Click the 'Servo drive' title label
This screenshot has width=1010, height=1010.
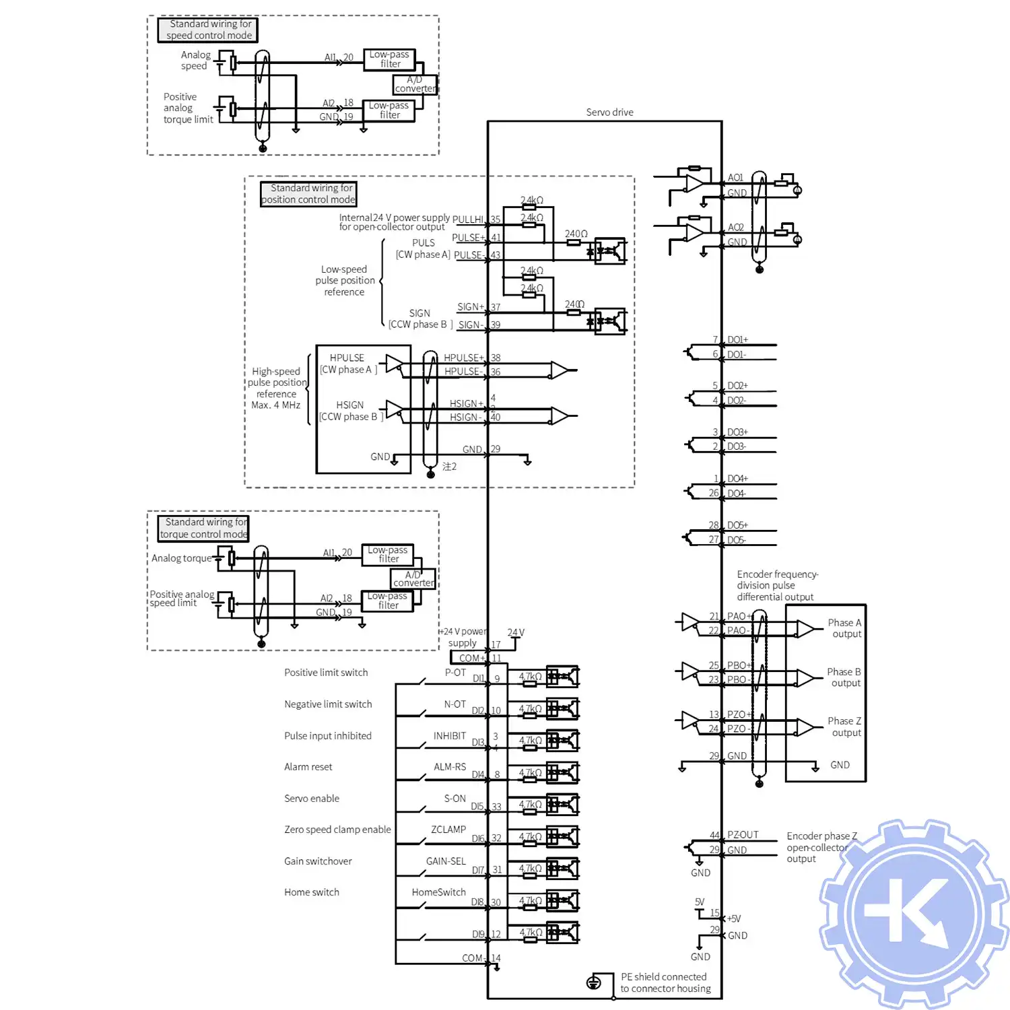click(609, 112)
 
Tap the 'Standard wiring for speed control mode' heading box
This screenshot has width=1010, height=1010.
click(209, 30)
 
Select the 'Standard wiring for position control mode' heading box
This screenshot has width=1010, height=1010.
click(308, 194)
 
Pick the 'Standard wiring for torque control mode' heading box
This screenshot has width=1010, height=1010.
click(204, 528)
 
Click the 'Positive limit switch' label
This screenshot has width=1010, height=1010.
click(326, 673)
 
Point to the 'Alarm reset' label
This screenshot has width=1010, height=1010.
click(308, 767)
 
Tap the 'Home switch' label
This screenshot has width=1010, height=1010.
click(311, 892)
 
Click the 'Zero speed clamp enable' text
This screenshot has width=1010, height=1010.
click(337, 830)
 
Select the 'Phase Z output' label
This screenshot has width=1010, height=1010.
click(845, 727)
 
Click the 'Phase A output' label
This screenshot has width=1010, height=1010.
click(845, 628)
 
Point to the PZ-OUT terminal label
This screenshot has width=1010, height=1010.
click(743, 835)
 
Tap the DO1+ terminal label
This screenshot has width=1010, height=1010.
click(737, 340)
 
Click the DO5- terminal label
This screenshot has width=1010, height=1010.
click(737, 540)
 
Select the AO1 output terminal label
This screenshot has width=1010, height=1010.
click(735, 178)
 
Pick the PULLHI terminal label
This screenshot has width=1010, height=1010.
click(468, 220)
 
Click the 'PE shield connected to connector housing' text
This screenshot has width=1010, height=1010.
click(665, 982)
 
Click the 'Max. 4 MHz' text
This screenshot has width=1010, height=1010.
click(275, 405)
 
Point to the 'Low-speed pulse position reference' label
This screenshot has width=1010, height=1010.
click(345, 281)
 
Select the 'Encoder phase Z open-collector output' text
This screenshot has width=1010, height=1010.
click(821, 847)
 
